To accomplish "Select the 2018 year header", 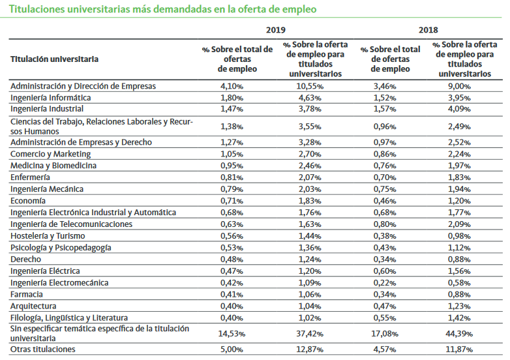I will (429, 30).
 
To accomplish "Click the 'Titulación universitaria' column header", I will (55, 59).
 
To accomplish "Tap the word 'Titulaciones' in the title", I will (37, 10).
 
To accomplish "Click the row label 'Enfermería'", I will (30, 177).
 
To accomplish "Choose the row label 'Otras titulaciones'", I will (43, 349).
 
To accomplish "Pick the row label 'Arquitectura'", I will (33, 306).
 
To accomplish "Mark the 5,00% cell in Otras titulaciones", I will (232, 349).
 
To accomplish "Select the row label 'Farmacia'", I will (27, 294).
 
